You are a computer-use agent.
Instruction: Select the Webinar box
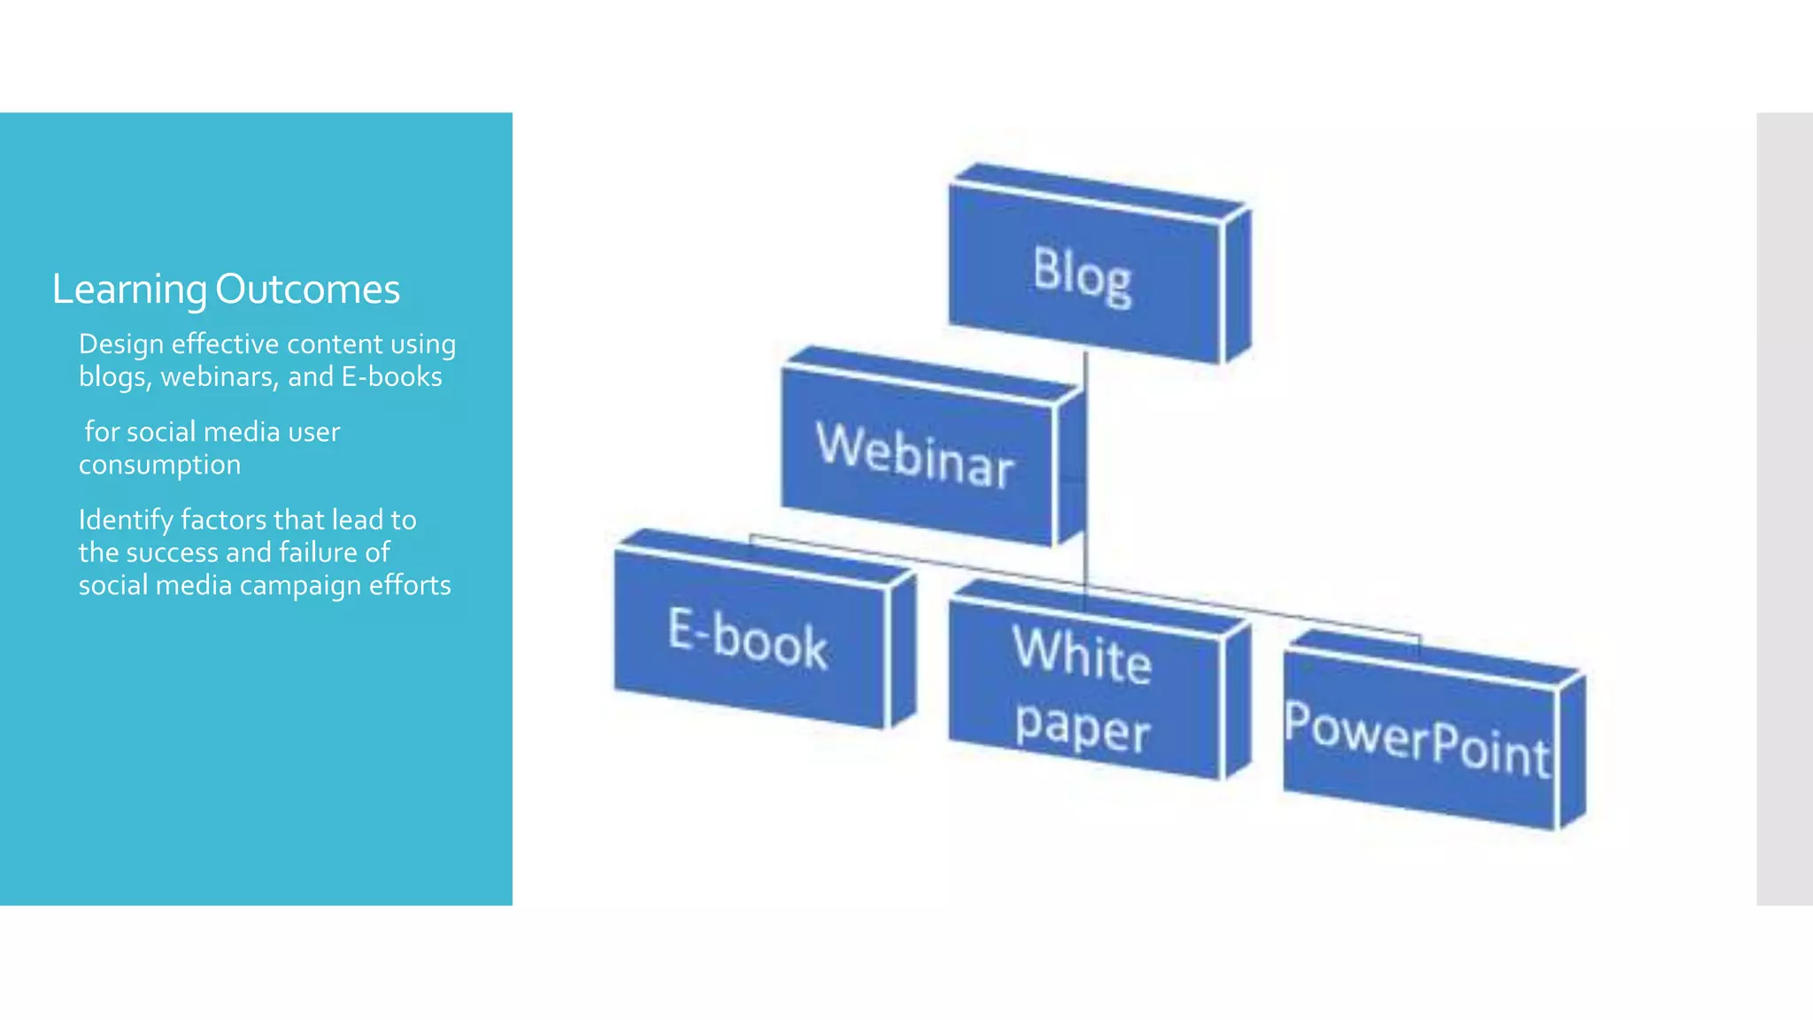click(x=915, y=457)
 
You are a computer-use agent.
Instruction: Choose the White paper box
click(x=1083, y=691)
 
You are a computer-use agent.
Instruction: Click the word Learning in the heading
click(x=129, y=290)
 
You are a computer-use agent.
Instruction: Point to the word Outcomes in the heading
click(x=307, y=290)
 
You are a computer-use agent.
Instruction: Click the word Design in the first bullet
click(x=120, y=344)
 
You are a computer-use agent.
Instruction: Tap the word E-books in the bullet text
click(x=392, y=377)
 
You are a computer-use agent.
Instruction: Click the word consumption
click(x=159, y=465)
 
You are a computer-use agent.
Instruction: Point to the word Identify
click(x=125, y=521)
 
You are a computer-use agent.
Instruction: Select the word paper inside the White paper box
click(x=1082, y=728)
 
